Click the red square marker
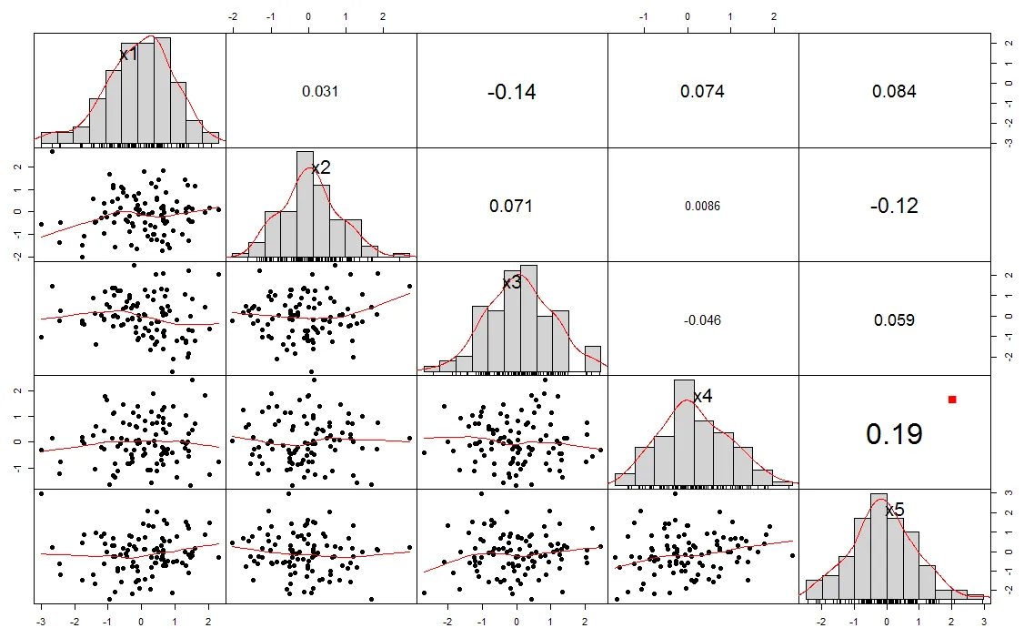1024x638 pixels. pyautogui.click(x=952, y=400)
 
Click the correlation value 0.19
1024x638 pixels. pyautogui.click(x=894, y=434)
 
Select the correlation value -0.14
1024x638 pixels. pyautogui.click(x=512, y=91)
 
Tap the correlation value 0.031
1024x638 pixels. pyautogui.click(x=320, y=91)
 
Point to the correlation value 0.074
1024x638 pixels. pyautogui.click(x=703, y=91)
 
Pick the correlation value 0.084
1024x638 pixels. pyautogui.click(x=894, y=91)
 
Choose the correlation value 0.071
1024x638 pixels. pyautogui.click(x=512, y=206)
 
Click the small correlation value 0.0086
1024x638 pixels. pyautogui.click(x=703, y=206)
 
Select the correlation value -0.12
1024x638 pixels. pyautogui.click(x=894, y=206)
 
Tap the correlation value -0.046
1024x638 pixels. pyautogui.click(x=703, y=320)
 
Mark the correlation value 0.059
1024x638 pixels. pyautogui.click(x=894, y=320)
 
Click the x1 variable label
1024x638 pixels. pyautogui.click(x=129, y=55)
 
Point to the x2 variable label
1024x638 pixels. pyautogui.click(x=320, y=168)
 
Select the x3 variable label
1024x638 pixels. pyautogui.click(x=512, y=283)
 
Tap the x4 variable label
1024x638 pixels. pyautogui.click(x=703, y=397)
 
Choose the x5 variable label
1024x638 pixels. pyautogui.click(x=894, y=511)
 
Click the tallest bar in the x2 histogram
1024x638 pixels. pyautogui.click(x=305, y=205)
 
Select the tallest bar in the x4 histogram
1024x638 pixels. pyautogui.click(x=685, y=432)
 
